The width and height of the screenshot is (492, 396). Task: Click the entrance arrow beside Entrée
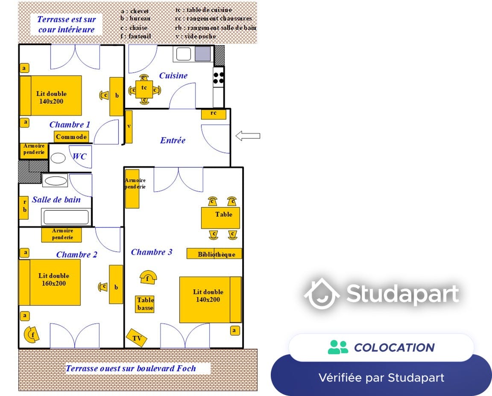248,136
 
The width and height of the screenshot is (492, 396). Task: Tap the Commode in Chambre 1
71,137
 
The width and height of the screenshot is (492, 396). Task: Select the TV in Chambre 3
137,338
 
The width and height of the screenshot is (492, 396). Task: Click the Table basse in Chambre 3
145,304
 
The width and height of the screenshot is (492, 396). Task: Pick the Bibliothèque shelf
214,254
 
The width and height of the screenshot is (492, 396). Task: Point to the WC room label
79,156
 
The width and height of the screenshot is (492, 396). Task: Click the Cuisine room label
173,76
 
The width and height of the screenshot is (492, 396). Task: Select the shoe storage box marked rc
214,114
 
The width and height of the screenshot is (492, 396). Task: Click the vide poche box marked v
129,127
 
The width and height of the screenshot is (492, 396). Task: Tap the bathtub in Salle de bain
66,217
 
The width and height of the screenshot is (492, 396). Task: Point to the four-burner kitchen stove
218,77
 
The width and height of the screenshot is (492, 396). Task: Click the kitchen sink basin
184,54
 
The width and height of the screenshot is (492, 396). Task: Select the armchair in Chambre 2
32,334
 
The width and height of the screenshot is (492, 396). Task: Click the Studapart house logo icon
322,293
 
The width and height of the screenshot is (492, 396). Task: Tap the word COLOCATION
394,347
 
